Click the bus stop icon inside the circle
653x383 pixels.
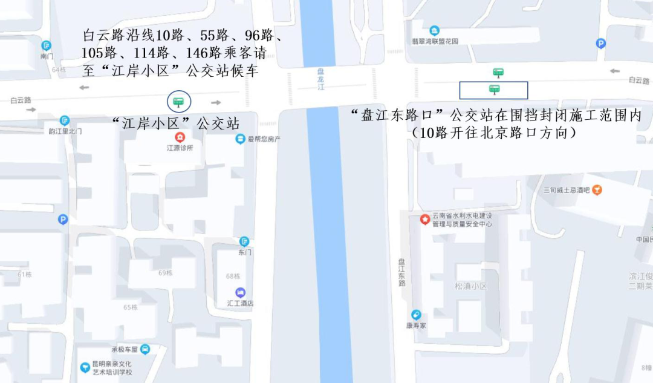click(x=178, y=101)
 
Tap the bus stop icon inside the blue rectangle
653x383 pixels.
click(x=494, y=90)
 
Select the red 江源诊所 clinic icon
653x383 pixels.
click(x=180, y=137)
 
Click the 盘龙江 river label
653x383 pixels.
click(x=320, y=79)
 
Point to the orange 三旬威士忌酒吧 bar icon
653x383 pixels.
click(x=597, y=190)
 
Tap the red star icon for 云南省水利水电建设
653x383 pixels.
click(x=425, y=218)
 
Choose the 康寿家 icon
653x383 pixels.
click(x=416, y=315)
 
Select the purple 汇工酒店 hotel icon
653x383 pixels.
click(x=240, y=292)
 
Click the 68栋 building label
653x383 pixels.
click(x=233, y=277)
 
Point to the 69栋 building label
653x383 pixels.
click(x=165, y=273)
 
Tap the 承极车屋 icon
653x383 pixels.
click(x=145, y=349)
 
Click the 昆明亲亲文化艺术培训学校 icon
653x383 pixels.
click(x=85, y=367)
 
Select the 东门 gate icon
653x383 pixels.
click(x=244, y=241)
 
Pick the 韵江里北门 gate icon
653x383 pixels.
click(x=65, y=120)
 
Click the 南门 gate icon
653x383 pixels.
click(x=47, y=45)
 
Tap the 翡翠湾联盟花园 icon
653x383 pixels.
click(x=434, y=31)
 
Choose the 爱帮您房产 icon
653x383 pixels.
click(x=240, y=139)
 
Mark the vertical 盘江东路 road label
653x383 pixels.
click(x=401, y=272)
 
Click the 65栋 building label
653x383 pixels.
click(x=131, y=307)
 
